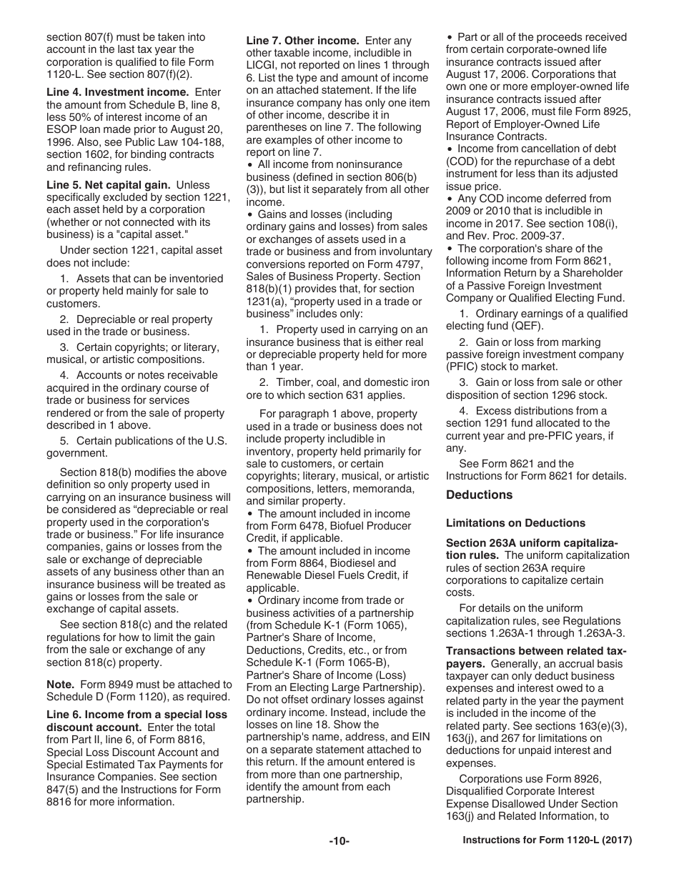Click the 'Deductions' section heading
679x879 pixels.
coord(479,495)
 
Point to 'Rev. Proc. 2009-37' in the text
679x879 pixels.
coord(520,237)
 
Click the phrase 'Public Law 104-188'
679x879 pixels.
coord(177,141)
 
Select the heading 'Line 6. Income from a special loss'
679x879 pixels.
coord(137,715)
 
